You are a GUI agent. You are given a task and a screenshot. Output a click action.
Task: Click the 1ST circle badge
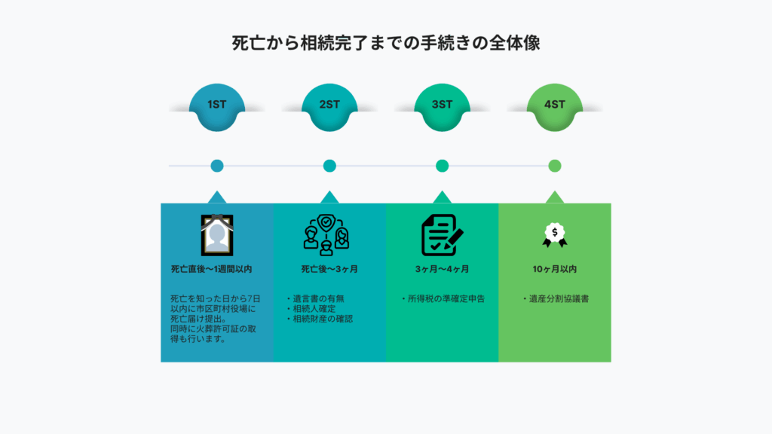pyautogui.click(x=217, y=105)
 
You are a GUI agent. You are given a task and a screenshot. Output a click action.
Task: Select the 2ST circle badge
pyautogui.click(x=329, y=105)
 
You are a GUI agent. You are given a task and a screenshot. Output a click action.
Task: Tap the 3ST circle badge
pyautogui.click(x=442, y=105)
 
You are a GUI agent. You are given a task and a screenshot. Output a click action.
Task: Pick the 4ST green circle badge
pyautogui.click(x=555, y=105)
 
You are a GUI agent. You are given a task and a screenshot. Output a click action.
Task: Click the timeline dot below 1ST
pyautogui.click(x=217, y=166)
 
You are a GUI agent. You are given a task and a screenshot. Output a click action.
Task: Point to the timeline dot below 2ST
pyautogui.click(x=329, y=166)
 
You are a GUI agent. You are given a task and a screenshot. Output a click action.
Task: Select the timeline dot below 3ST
pyautogui.click(x=442, y=166)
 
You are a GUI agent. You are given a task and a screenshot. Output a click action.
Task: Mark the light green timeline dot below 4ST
pyautogui.click(x=555, y=166)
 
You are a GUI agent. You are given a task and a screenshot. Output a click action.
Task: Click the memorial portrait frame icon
pyautogui.click(x=217, y=234)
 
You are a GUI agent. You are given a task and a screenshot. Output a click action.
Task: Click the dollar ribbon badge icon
pyautogui.click(x=555, y=234)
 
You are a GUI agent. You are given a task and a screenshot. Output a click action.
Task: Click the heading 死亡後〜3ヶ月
pyautogui.click(x=329, y=269)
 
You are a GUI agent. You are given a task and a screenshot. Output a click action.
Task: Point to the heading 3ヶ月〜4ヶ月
pyautogui.click(x=442, y=269)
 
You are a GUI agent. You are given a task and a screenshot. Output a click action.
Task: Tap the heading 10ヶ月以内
pyautogui.click(x=555, y=269)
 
